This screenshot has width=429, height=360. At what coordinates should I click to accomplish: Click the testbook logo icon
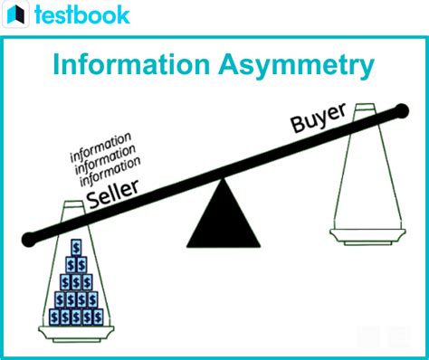(x=16, y=14)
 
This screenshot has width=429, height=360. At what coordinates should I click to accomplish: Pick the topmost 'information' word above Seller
(x=100, y=145)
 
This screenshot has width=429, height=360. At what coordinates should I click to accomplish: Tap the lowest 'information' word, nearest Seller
(x=110, y=170)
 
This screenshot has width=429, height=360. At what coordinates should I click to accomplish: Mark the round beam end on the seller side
(x=30, y=239)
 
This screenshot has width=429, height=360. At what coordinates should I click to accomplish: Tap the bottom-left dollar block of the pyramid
(x=56, y=317)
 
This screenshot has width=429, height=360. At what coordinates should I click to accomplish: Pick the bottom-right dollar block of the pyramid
(x=97, y=317)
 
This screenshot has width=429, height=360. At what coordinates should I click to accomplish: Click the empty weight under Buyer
(x=367, y=181)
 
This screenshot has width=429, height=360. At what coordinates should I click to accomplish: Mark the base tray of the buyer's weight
(x=367, y=238)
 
